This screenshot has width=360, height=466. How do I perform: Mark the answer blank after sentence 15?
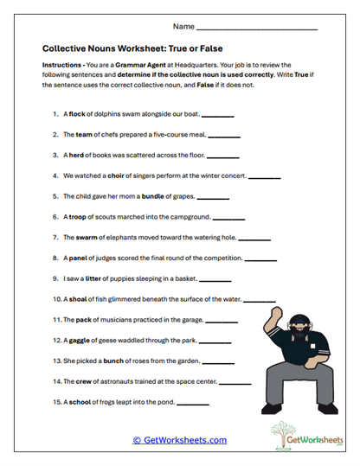[193, 403]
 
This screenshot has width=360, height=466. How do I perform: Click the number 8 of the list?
[55, 258]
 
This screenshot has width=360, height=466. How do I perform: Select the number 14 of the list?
[56, 380]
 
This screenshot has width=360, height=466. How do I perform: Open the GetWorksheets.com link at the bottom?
[179, 439]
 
